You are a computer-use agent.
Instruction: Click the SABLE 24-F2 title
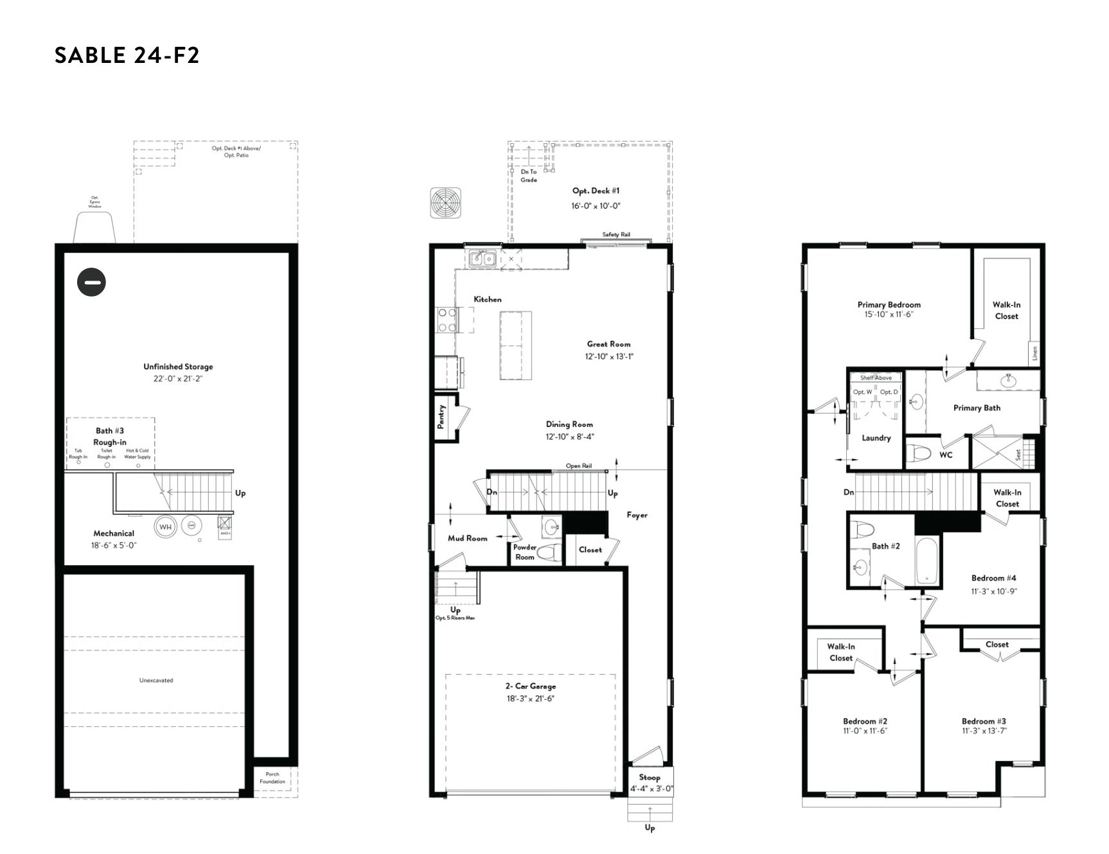127,55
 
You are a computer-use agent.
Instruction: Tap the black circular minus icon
91,282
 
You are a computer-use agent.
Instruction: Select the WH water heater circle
165,527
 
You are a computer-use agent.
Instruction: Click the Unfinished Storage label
178,367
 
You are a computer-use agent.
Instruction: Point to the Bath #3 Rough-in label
110,437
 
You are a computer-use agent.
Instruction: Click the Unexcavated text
156,680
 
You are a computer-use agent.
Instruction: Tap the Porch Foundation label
272,778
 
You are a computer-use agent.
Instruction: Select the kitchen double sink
482,259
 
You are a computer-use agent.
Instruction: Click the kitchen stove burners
447,320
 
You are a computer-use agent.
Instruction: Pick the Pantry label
441,417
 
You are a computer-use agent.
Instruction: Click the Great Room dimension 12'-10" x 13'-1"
608,356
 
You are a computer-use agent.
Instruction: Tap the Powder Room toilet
548,552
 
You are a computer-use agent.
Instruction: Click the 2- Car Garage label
530,686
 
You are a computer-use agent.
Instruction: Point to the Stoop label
650,777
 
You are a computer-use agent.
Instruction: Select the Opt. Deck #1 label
596,191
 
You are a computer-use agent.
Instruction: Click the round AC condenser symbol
446,204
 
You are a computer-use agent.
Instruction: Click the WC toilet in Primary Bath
921,453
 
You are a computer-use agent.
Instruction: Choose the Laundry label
876,438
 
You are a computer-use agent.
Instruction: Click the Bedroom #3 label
984,721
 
